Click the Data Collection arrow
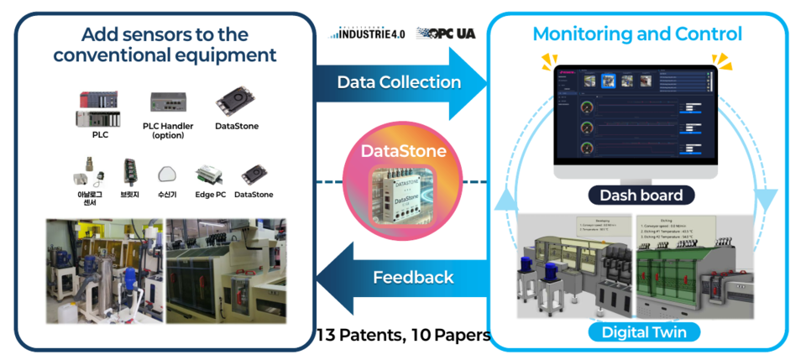(x=400, y=82)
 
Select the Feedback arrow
(x=411, y=277)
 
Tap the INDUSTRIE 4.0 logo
(x=367, y=34)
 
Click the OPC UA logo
(x=446, y=34)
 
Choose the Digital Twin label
(x=644, y=332)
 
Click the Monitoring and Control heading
(x=637, y=34)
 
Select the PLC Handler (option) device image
(x=168, y=102)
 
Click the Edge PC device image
(x=211, y=175)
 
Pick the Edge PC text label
(x=211, y=194)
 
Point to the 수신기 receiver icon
(x=167, y=175)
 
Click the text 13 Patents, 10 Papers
(x=404, y=336)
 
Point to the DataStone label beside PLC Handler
(x=235, y=126)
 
